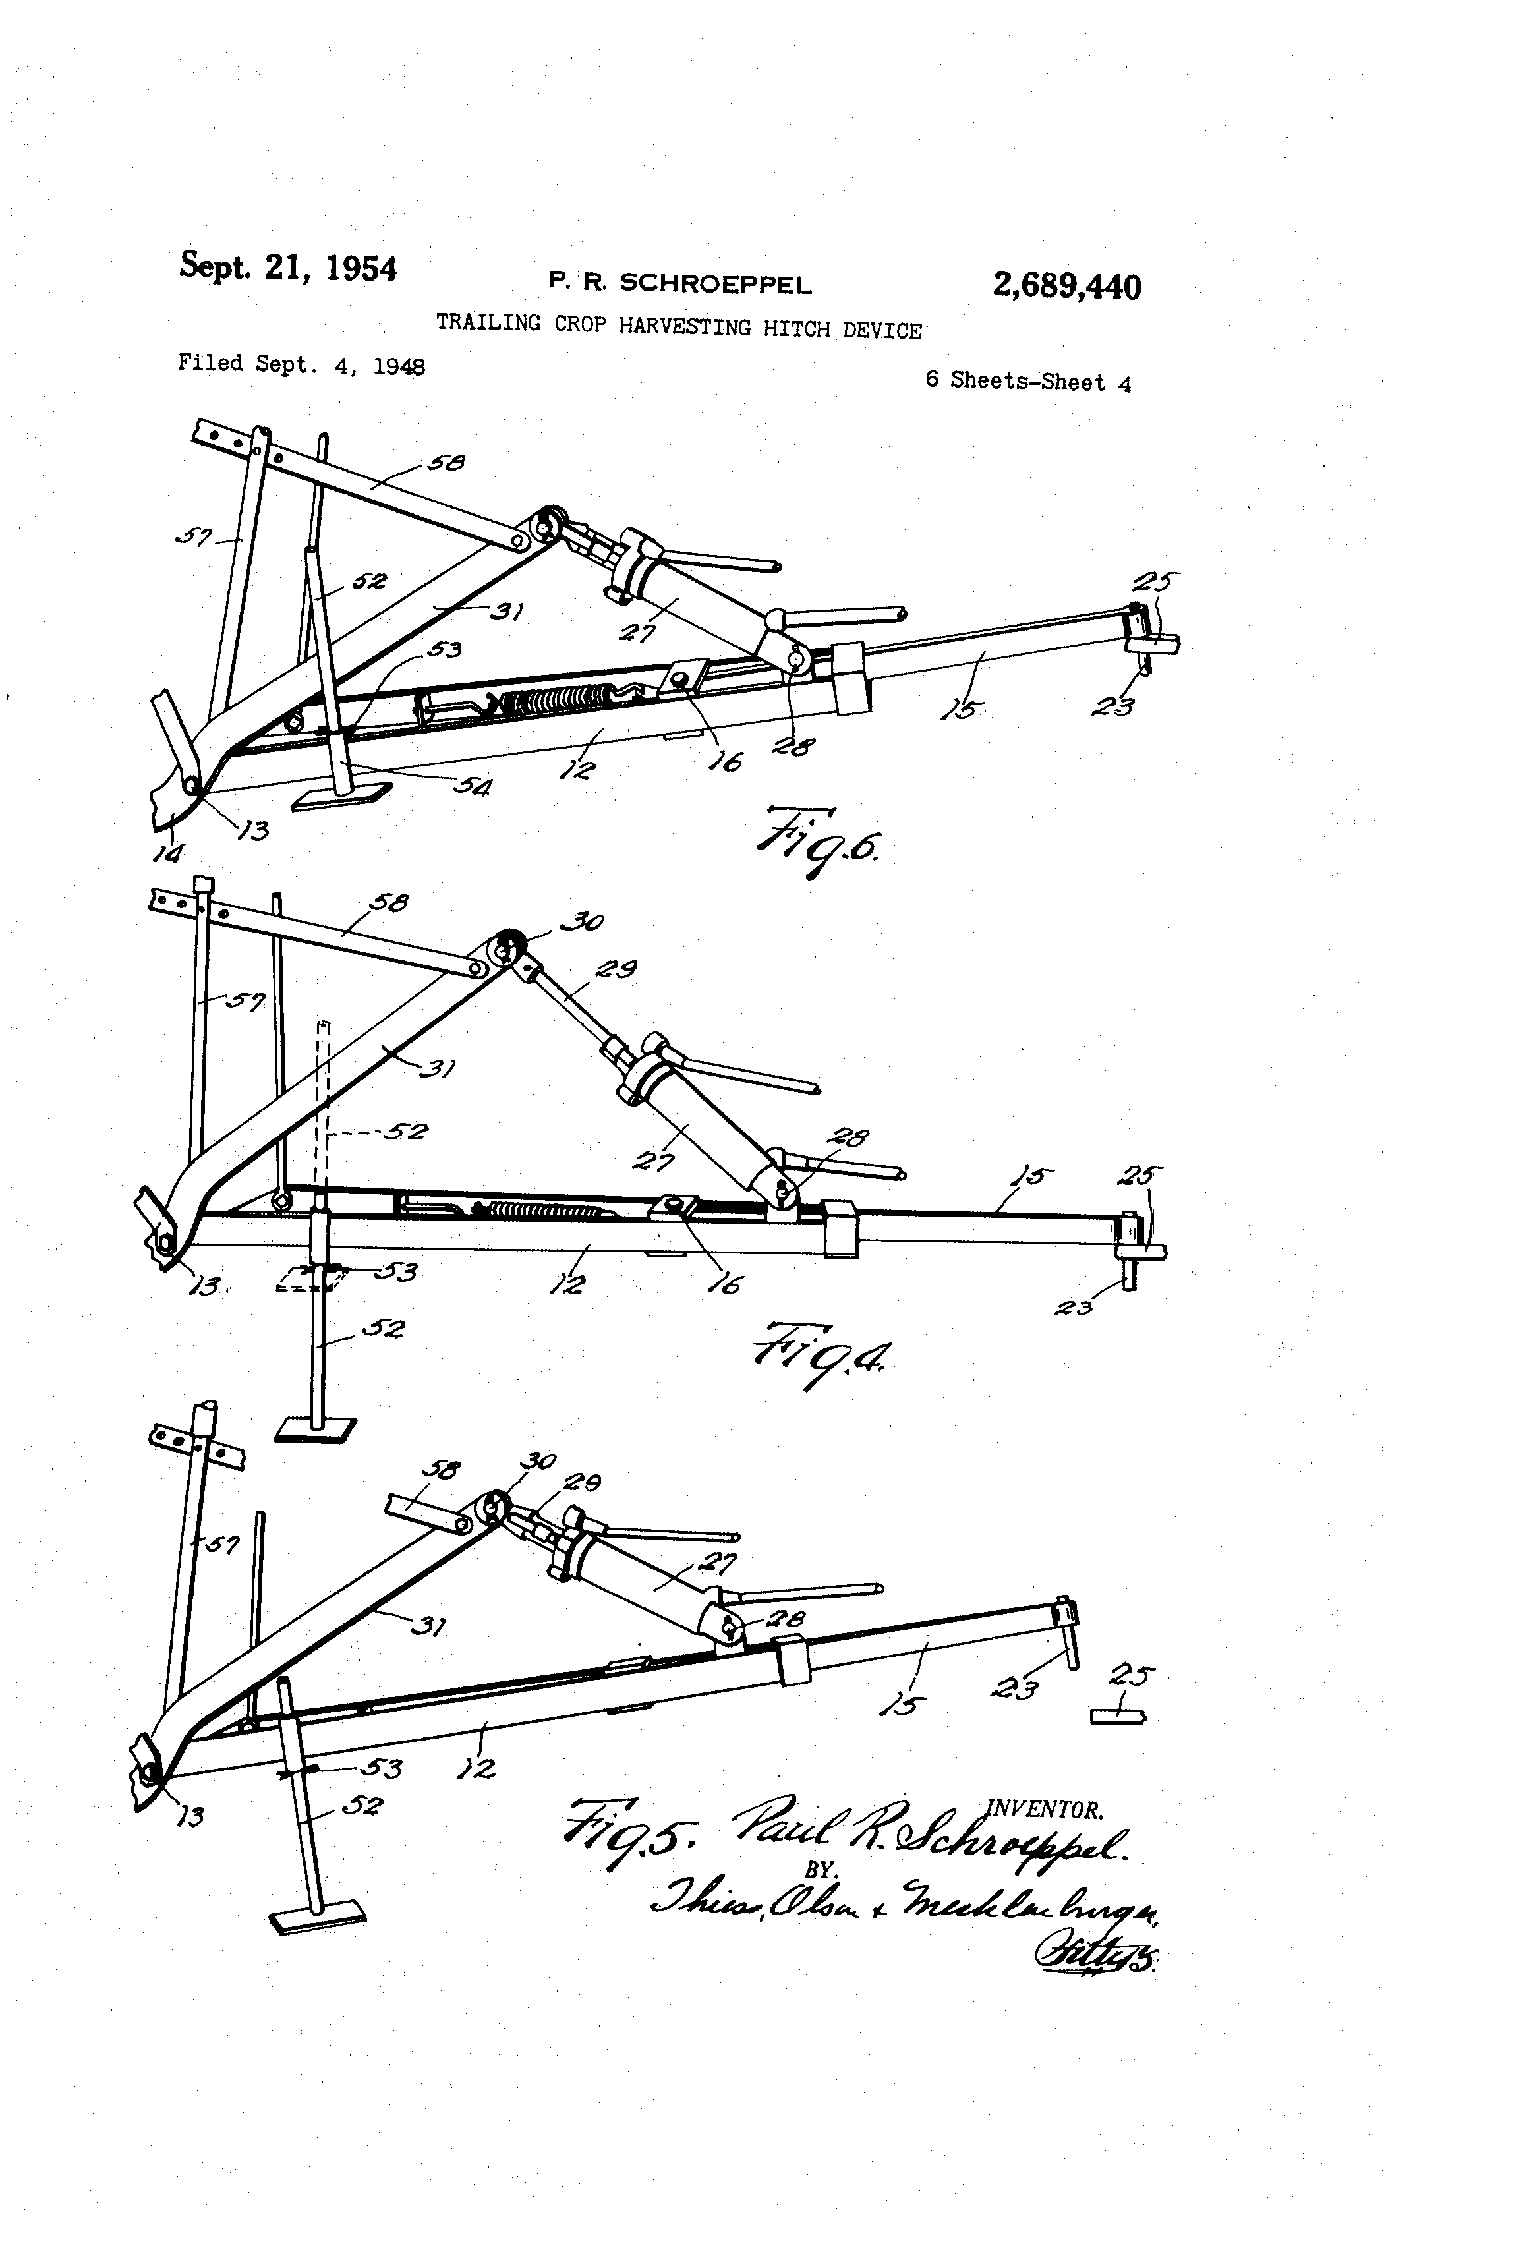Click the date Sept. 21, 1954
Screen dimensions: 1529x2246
[287, 267]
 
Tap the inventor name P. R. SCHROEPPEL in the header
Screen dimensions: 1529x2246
[679, 283]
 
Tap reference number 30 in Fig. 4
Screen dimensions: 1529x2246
[583, 922]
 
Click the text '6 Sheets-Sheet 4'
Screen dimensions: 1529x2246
[1027, 381]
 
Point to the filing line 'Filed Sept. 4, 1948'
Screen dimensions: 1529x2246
[301, 364]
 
